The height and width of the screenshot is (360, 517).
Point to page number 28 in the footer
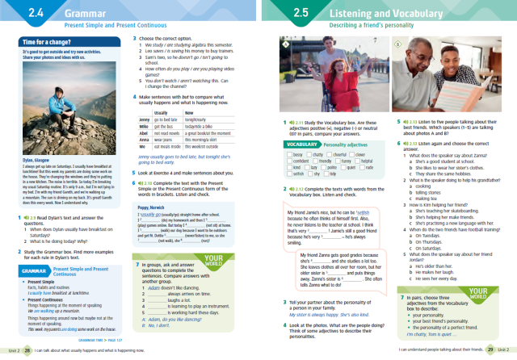pyautogui.click(x=27, y=351)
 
